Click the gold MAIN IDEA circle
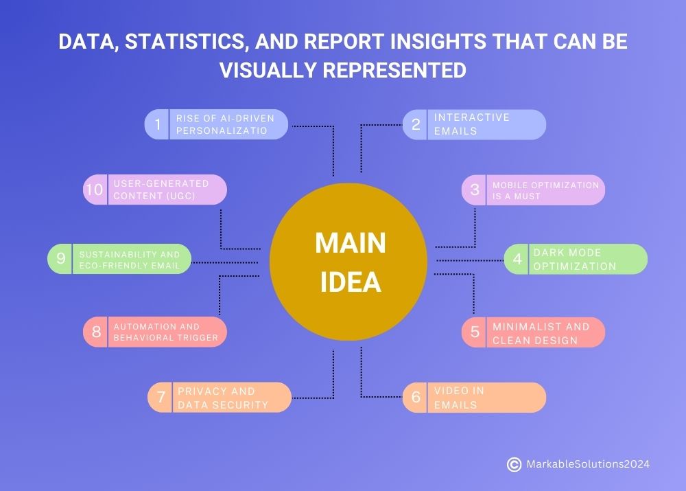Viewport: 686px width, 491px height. tap(348, 261)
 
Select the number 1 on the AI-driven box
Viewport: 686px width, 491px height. tap(158, 124)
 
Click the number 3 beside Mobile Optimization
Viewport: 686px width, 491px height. tap(475, 190)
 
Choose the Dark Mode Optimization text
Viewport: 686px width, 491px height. tap(574, 260)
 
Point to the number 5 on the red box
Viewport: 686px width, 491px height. tap(475, 332)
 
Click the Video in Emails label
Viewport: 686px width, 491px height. tap(459, 398)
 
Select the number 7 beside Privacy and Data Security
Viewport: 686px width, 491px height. tap(161, 398)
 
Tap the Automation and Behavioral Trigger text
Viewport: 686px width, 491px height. tap(165, 332)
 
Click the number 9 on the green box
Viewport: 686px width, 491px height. tap(61, 259)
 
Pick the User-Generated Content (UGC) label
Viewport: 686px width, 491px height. tap(161, 190)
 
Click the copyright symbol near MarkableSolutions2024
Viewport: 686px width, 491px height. tap(514, 465)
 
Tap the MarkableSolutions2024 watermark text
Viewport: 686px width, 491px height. tap(587, 465)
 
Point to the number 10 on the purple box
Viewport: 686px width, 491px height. tap(94, 190)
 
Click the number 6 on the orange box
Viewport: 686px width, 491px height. tap(416, 398)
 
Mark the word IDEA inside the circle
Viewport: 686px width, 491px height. tap(350, 282)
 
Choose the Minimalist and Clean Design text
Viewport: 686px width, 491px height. tap(541, 333)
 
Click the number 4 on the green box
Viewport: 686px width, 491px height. tap(517, 260)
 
